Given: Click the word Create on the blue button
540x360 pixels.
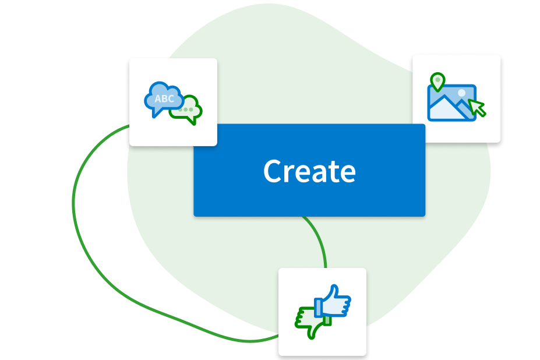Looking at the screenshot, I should point(309,171).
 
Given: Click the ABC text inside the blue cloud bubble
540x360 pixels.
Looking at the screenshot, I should point(164,99).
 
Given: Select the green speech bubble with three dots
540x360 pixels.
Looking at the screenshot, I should point(188,111).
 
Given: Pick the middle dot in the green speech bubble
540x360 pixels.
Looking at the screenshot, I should point(186,109).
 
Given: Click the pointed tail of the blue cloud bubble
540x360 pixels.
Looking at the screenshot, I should point(155,114).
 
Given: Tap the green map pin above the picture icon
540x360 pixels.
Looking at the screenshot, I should point(437,80).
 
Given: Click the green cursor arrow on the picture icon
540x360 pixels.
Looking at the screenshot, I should point(477,107).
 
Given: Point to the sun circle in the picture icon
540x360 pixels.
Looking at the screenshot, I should point(461,93).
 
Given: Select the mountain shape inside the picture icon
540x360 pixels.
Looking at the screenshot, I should point(446,108).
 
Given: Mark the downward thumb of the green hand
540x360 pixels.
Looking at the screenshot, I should point(314,333).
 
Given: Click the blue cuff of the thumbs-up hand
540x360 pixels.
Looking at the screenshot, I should point(318,307).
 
